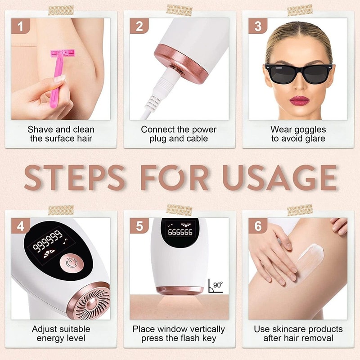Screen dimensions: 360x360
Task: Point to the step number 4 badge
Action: coord(20,226)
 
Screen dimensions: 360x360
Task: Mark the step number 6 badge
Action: coord(258,226)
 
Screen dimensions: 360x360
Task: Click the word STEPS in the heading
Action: coord(75,177)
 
